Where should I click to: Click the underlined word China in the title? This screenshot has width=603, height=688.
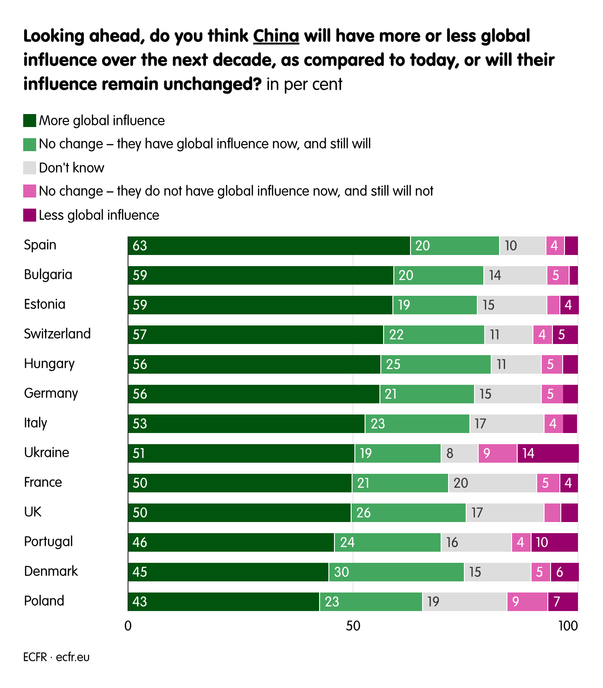pyautogui.click(x=276, y=36)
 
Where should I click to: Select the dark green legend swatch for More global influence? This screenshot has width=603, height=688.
pyautogui.click(x=30, y=121)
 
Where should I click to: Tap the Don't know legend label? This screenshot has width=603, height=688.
pyautogui.click(x=71, y=168)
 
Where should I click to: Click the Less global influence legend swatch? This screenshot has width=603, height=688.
pyautogui.click(x=30, y=215)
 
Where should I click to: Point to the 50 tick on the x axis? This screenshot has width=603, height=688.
pyautogui.click(x=353, y=626)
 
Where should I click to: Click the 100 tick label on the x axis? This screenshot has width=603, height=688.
pyautogui.click(x=568, y=626)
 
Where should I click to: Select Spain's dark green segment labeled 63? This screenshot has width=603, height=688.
pyautogui.click(x=269, y=246)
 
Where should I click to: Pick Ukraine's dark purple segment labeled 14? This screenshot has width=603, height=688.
pyautogui.click(x=548, y=453)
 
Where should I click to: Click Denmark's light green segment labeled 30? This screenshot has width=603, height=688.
pyautogui.click(x=396, y=572)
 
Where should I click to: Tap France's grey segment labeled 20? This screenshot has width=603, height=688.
pyautogui.click(x=492, y=483)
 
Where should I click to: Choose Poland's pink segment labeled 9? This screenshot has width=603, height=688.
pyautogui.click(x=527, y=602)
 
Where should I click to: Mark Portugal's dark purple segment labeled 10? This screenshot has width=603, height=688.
pyautogui.click(x=554, y=542)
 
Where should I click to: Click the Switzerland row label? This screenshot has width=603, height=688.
pyautogui.click(x=57, y=334)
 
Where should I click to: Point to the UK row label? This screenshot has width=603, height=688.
pyautogui.click(x=32, y=512)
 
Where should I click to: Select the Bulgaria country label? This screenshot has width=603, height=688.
pyautogui.click(x=48, y=274)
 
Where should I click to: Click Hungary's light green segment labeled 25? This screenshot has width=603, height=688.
pyautogui.click(x=436, y=364)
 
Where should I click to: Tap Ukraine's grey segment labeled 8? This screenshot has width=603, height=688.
pyautogui.click(x=459, y=453)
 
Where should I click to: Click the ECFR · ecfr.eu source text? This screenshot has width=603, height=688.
pyautogui.click(x=56, y=657)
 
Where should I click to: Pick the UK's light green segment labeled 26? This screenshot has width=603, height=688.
pyautogui.click(x=408, y=513)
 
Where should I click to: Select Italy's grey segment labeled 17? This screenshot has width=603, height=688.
pyautogui.click(x=507, y=424)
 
